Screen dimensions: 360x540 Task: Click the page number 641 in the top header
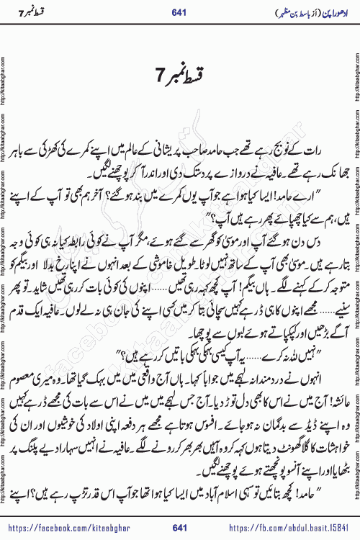pyautogui.click(x=180, y=13)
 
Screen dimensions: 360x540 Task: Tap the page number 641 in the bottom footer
pyautogui.click(x=180, y=528)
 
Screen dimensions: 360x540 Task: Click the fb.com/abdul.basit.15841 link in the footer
pyautogui.click(x=292, y=528)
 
